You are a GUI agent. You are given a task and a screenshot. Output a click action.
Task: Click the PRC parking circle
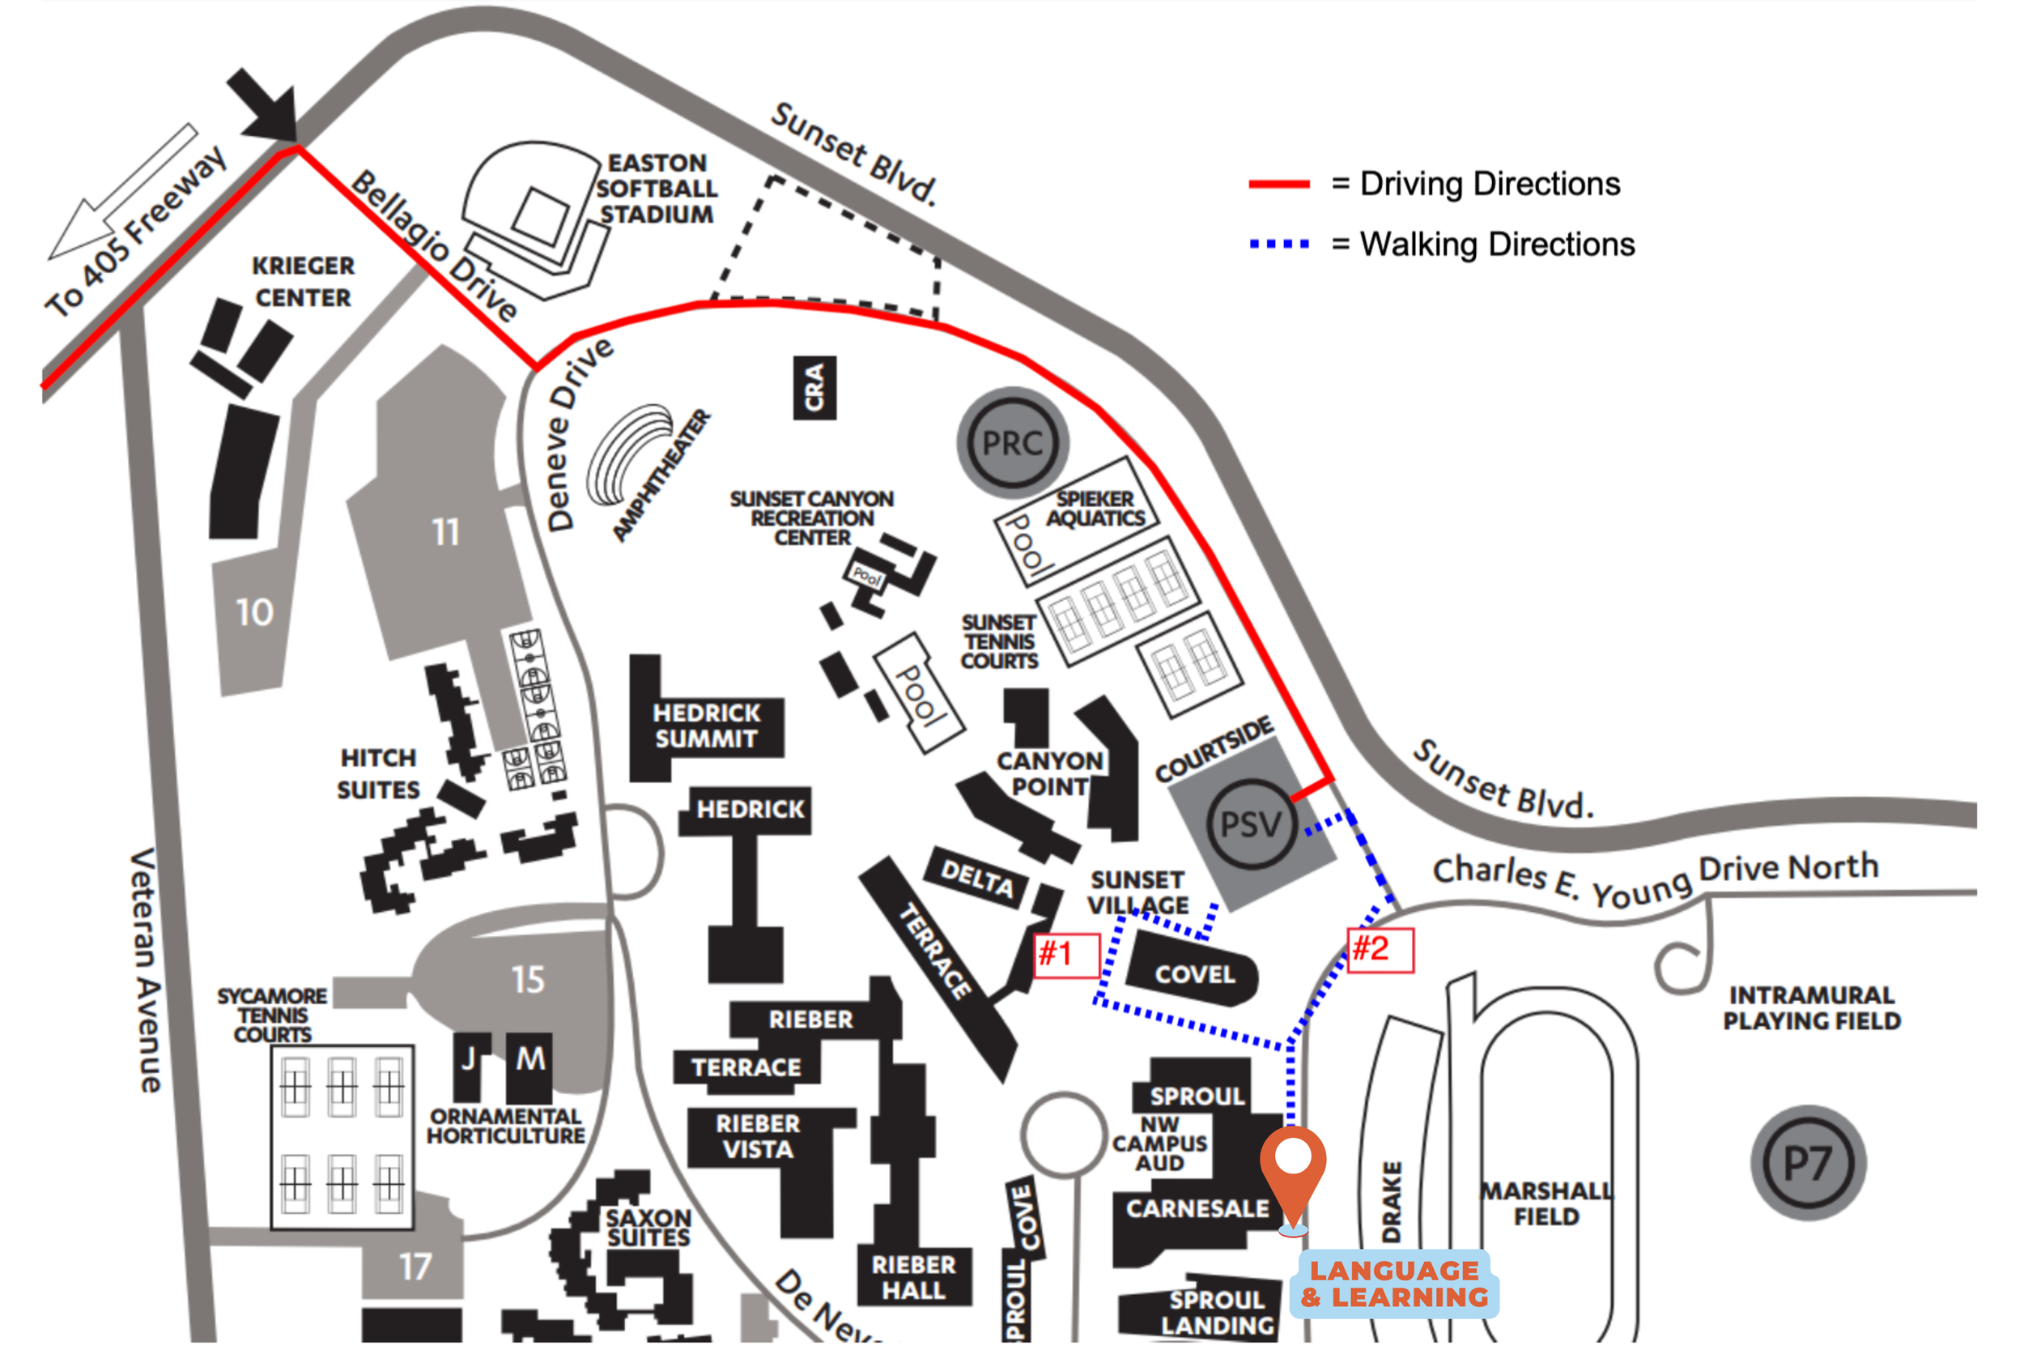pyautogui.click(x=1012, y=442)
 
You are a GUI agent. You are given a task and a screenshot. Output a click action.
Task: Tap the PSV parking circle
pyautogui.click(x=1250, y=824)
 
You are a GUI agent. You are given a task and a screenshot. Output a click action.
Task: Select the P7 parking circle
pyautogui.click(x=1808, y=1163)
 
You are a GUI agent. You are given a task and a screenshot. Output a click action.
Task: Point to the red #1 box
pyautogui.click(x=1065, y=955)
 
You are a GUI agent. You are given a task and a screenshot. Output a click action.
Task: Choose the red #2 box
pyautogui.click(x=1380, y=950)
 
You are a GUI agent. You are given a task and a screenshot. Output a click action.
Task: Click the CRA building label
pyautogui.click(x=814, y=387)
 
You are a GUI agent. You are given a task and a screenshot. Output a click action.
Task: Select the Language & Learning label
pyautogui.click(x=1394, y=1283)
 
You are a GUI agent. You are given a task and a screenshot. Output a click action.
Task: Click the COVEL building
pyautogui.click(x=1193, y=973)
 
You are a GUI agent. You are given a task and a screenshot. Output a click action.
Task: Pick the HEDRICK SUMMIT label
pyautogui.click(x=706, y=725)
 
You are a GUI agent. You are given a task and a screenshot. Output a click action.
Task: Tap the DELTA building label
pyautogui.click(x=976, y=878)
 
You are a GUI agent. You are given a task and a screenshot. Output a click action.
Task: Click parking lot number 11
pyautogui.click(x=445, y=532)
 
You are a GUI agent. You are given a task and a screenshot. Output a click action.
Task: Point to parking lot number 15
pyautogui.click(x=528, y=979)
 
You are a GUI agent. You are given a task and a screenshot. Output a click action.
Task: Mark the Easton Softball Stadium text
pyautogui.click(x=657, y=189)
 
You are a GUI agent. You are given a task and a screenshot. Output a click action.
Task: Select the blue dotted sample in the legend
pyautogui.click(x=1279, y=245)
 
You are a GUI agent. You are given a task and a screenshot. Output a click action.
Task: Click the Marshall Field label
pyautogui.click(x=1546, y=1203)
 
